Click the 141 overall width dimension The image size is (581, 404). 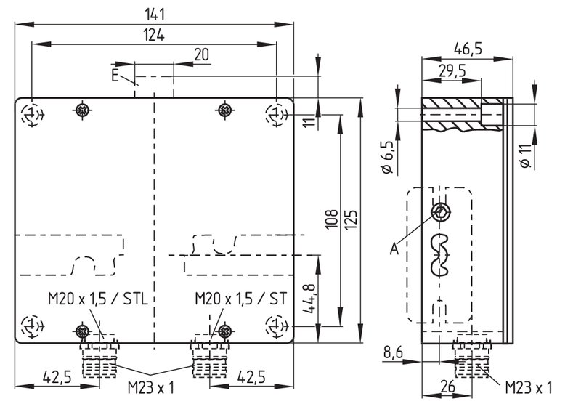[x=155, y=15]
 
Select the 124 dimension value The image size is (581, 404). [x=154, y=35]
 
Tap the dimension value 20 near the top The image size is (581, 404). [x=202, y=54]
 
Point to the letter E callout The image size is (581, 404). [x=115, y=76]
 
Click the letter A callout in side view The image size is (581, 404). [x=394, y=249]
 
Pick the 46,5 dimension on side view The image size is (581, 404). [x=468, y=49]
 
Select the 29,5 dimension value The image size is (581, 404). [x=452, y=70]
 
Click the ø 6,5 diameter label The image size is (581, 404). [x=387, y=157]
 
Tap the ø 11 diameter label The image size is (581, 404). [x=525, y=156]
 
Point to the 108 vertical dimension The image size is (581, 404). [x=332, y=219]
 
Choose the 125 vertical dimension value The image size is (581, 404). [x=352, y=219]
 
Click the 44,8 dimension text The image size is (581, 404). [x=309, y=299]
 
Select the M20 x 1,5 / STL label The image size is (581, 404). [x=98, y=299]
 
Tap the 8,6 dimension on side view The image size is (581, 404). [x=393, y=352]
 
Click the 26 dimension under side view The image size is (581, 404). [x=447, y=387]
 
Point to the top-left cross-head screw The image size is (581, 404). [x=83, y=110]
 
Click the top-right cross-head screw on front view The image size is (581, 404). [x=224, y=110]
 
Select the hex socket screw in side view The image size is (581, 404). [x=441, y=212]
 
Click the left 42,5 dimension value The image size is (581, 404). [x=57, y=377]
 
